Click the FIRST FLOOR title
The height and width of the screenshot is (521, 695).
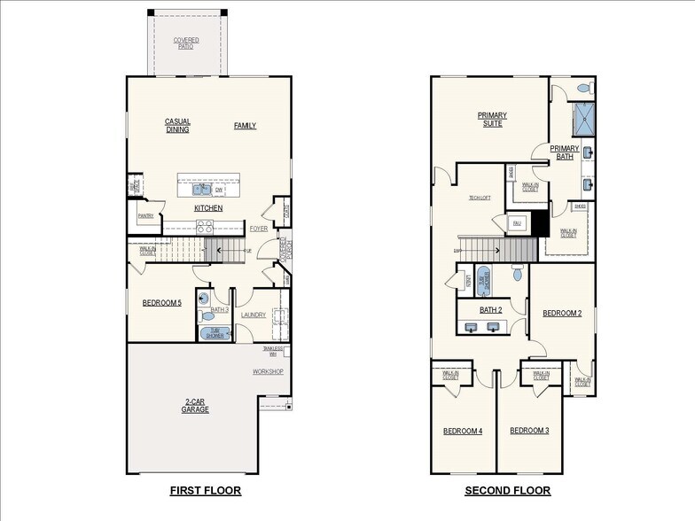205,490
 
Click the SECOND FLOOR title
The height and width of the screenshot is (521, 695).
507,490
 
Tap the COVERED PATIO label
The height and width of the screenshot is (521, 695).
186,43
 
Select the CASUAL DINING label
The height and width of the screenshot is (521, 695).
177,125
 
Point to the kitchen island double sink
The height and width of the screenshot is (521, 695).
200,188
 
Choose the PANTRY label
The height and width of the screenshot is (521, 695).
145,215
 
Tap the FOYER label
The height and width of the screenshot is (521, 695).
258,228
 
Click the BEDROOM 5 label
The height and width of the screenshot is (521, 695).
161,303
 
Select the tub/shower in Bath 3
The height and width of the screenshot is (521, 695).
215,333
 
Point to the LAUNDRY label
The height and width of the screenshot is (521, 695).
254,314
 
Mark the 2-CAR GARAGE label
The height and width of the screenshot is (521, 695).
195,406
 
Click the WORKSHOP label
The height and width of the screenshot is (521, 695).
268,371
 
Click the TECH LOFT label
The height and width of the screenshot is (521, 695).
480,198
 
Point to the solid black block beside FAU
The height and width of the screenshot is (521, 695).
537,224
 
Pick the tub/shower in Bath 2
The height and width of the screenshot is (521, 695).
484,279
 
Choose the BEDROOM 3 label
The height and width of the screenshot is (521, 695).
529,431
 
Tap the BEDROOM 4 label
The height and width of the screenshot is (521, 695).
463,431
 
